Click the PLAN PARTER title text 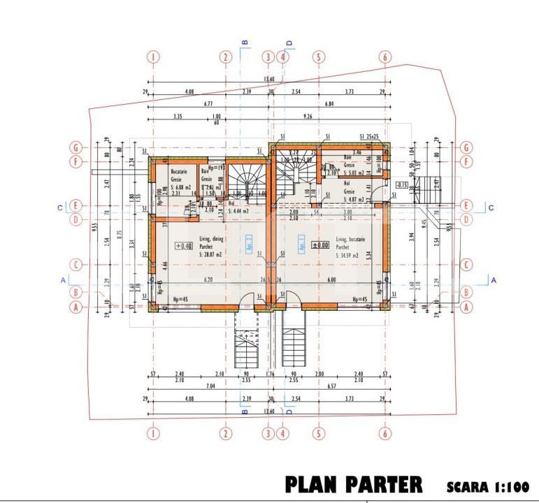[353, 484]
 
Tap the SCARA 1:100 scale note [487, 486]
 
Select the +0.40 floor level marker [184, 246]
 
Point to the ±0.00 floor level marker [321, 245]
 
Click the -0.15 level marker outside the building [401, 185]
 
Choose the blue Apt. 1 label [301, 242]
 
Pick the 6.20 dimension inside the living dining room [208, 279]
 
